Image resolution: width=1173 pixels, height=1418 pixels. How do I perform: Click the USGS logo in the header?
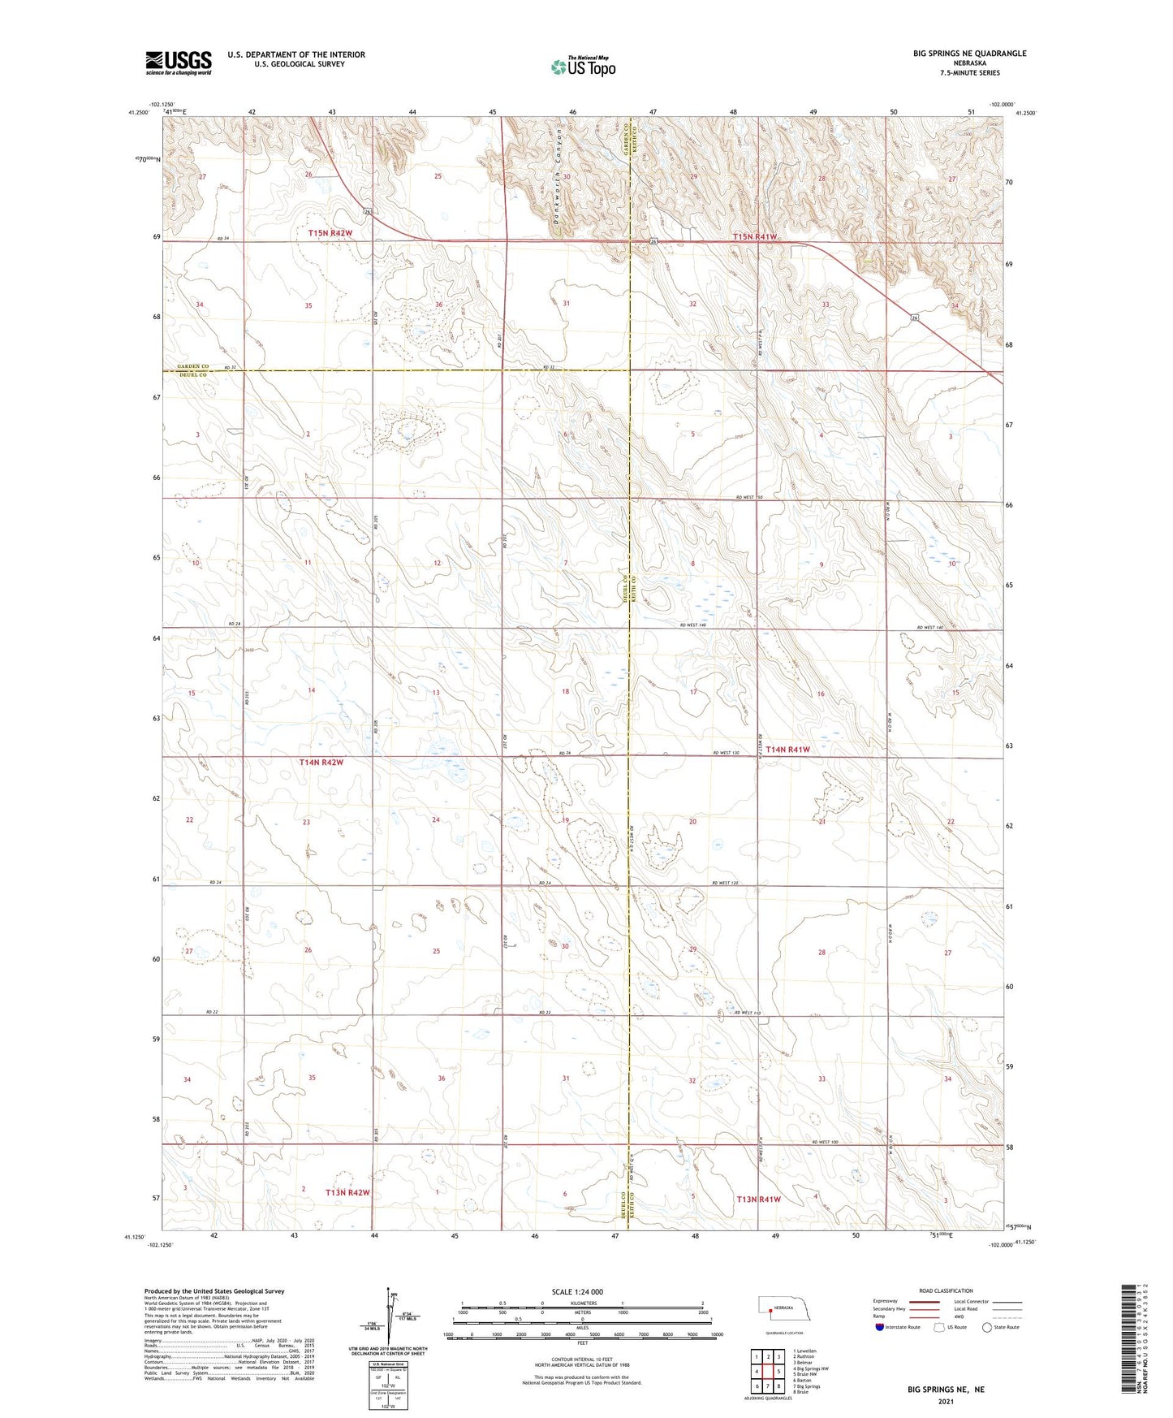(x=179, y=63)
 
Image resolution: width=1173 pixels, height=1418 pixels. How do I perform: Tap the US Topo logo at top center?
(x=582, y=67)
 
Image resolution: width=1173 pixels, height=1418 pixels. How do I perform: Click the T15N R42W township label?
(x=330, y=233)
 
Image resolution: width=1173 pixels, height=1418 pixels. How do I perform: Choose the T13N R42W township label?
(x=347, y=1192)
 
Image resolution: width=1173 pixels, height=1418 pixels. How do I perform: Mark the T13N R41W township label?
(x=758, y=1199)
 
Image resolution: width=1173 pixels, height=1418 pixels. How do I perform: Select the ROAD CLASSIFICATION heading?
(x=946, y=1290)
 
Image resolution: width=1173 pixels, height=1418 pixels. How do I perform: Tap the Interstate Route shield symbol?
(x=880, y=1327)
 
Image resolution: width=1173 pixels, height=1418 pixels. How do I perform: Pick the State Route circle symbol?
(x=987, y=1327)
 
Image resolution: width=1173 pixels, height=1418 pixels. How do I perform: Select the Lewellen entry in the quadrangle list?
(x=807, y=1351)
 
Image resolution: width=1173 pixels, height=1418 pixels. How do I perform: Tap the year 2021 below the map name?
(x=945, y=1402)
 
